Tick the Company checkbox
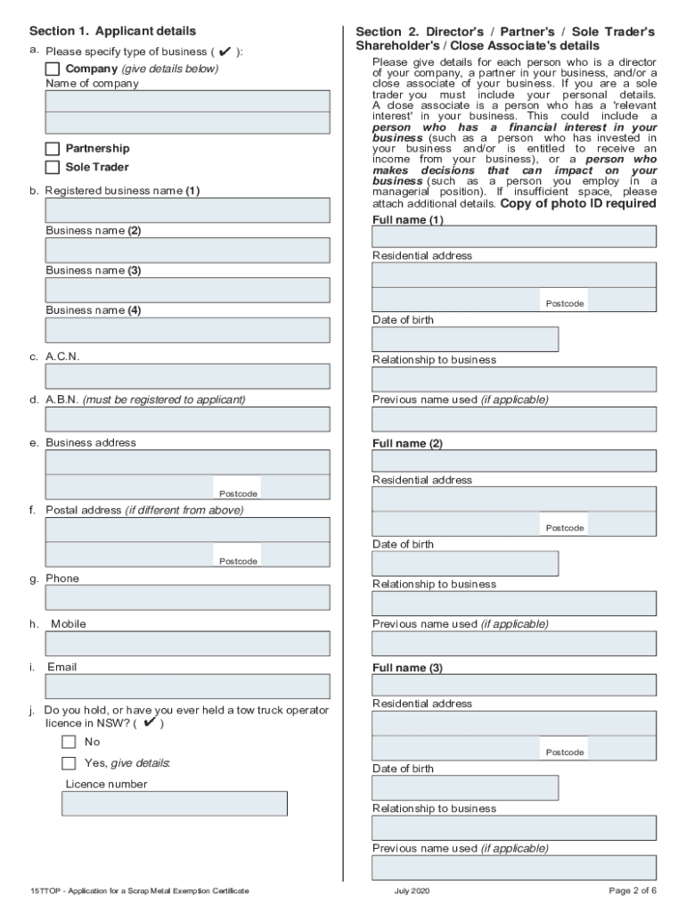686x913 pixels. (x=53, y=69)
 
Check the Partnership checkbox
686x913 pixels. (x=53, y=148)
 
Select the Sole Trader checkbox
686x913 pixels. (x=53, y=167)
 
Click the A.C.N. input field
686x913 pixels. (x=187, y=376)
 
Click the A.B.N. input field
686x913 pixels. (x=187, y=419)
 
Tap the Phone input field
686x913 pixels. (x=187, y=597)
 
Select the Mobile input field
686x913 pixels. (x=187, y=643)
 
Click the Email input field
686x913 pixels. (x=187, y=686)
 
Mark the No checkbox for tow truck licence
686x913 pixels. (x=69, y=742)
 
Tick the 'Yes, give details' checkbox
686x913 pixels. (x=69, y=763)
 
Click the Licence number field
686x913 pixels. (x=174, y=803)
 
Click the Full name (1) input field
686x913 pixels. (x=513, y=236)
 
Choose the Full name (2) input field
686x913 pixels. (x=513, y=461)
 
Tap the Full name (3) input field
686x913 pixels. (x=513, y=685)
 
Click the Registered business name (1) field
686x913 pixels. (x=187, y=210)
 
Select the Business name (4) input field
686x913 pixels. (x=187, y=330)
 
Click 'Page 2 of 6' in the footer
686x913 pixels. (x=633, y=891)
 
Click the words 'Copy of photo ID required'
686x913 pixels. (x=578, y=203)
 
